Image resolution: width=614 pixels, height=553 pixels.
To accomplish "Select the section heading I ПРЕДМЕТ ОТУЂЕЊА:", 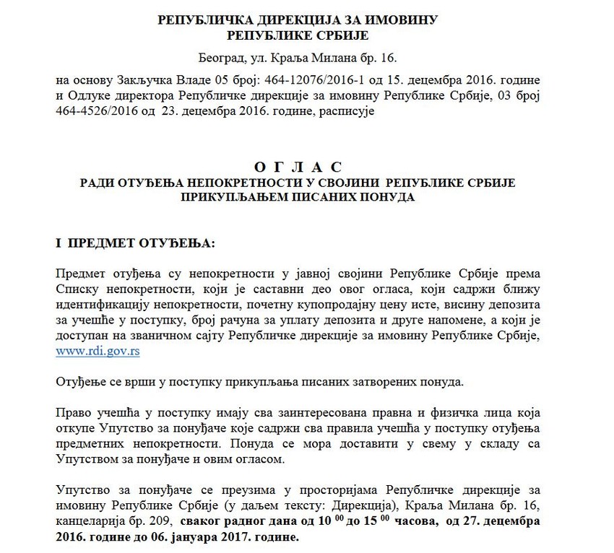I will click(134, 243).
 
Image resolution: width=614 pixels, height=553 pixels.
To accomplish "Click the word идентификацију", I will click(98, 303).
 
